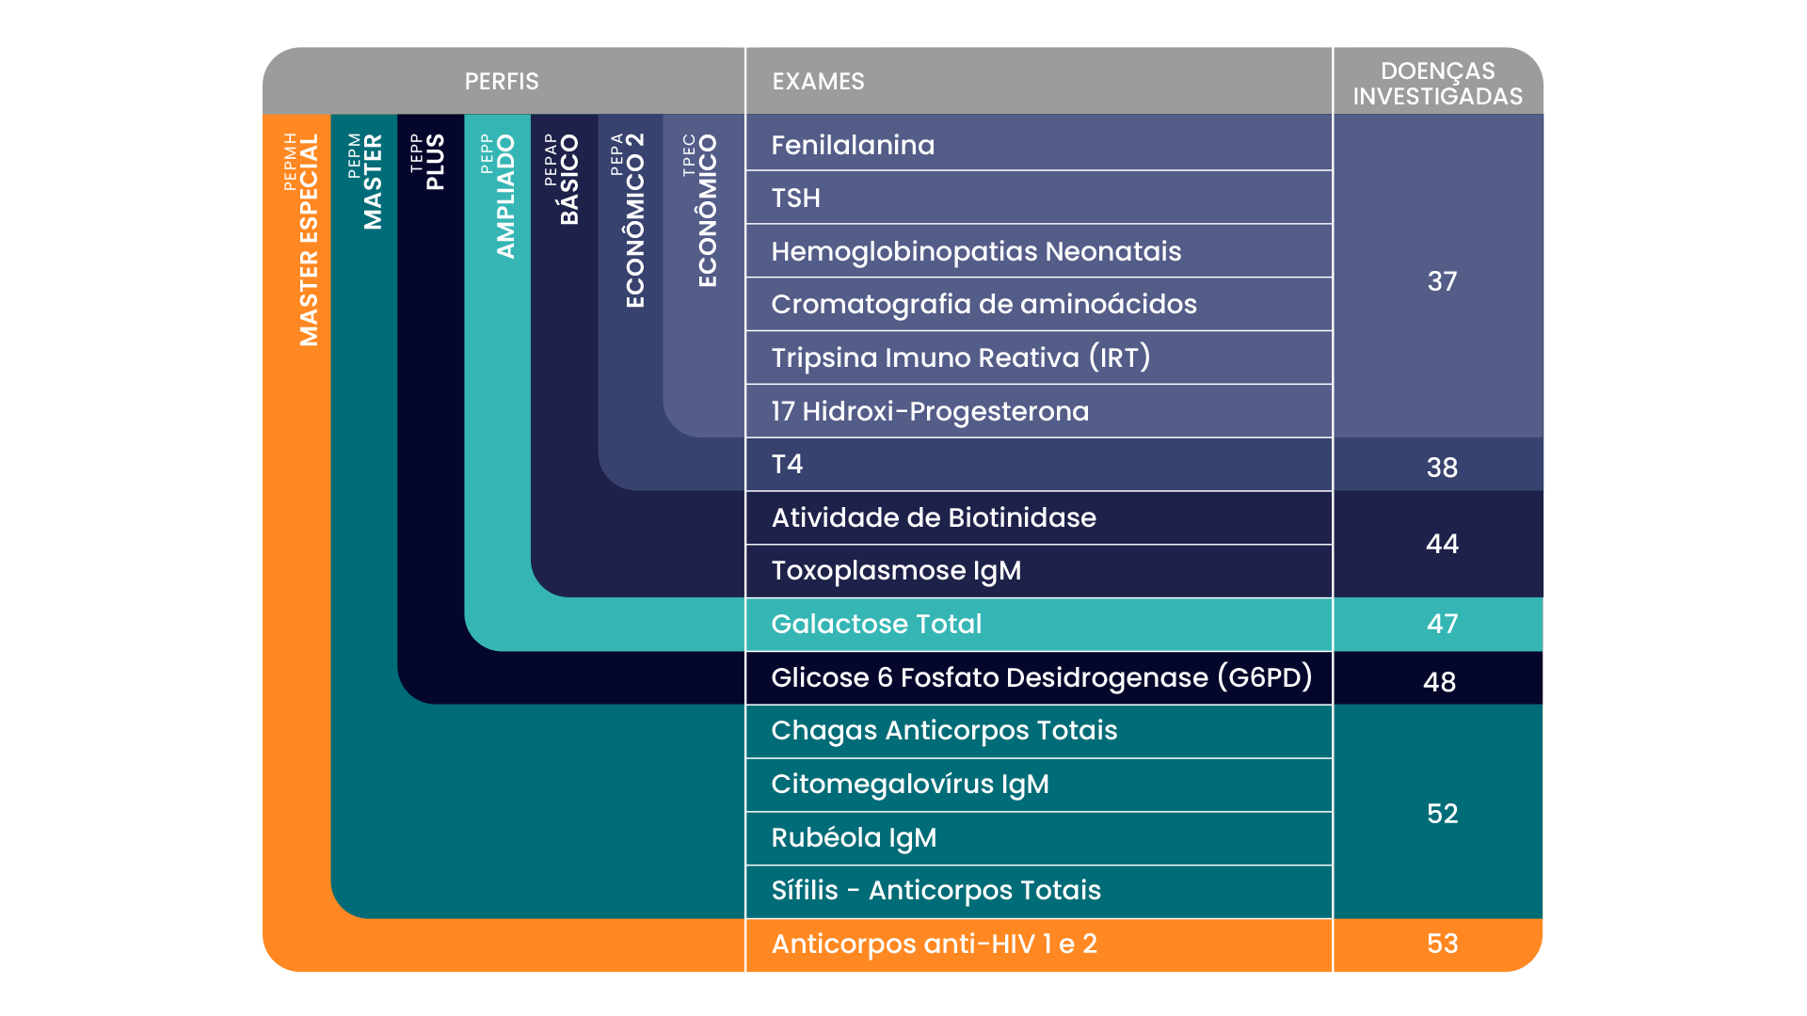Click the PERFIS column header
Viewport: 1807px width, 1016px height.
(502, 81)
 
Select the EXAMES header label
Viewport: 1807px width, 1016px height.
(818, 81)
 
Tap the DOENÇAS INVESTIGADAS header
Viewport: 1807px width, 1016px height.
(1437, 83)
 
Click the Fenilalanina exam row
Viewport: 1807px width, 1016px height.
(853, 145)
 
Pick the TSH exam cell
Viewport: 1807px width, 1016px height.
(795, 198)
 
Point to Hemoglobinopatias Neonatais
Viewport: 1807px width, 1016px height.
(976, 251)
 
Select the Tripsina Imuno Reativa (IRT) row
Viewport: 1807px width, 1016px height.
(960, 357)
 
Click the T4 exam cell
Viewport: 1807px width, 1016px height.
(787, 464)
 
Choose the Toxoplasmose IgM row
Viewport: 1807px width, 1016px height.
(896, 570)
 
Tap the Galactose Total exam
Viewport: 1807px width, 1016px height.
(876, 624)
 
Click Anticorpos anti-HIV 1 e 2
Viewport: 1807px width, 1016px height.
(934, 944)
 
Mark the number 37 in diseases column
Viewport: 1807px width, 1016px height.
(1442, 280)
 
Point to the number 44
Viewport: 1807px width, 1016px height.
(1442, 543)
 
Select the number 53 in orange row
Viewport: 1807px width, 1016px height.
(1442, 944)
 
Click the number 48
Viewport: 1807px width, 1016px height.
(1439, 681)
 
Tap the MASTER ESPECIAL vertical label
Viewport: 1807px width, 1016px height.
(309, 240)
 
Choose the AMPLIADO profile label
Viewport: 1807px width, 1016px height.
(506, 196)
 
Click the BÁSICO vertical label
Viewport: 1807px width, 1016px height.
(569, 179)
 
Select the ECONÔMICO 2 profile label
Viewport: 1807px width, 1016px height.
(635, 220)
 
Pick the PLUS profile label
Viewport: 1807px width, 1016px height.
(435, 162)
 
